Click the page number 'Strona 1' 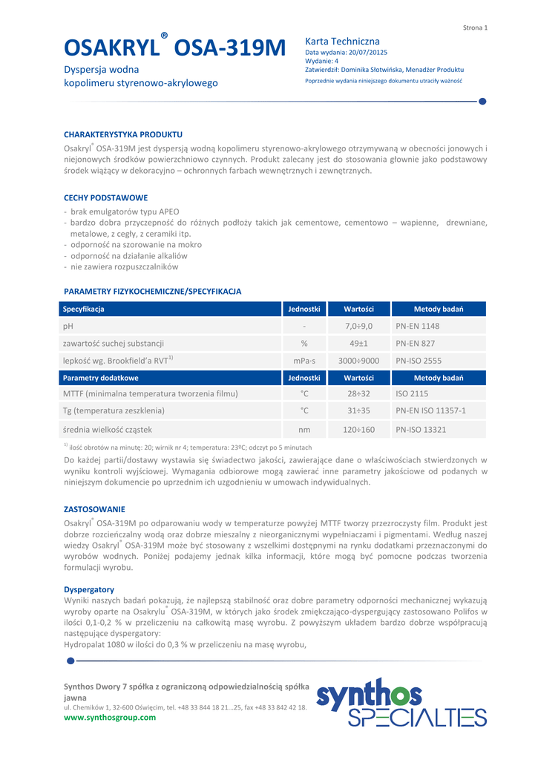475,27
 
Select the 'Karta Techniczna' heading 342,42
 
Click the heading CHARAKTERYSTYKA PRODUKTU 123,134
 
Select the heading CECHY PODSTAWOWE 105,198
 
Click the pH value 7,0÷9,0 359,326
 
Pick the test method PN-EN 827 416,344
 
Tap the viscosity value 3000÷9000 359,361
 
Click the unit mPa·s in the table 304,361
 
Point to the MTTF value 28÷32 359,394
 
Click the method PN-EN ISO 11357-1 430,410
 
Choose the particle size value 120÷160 359,429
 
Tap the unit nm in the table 304,429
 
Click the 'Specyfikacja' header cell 84,309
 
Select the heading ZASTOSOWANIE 94,509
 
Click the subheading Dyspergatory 89,589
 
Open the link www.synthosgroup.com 110,717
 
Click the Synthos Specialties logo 401,702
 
